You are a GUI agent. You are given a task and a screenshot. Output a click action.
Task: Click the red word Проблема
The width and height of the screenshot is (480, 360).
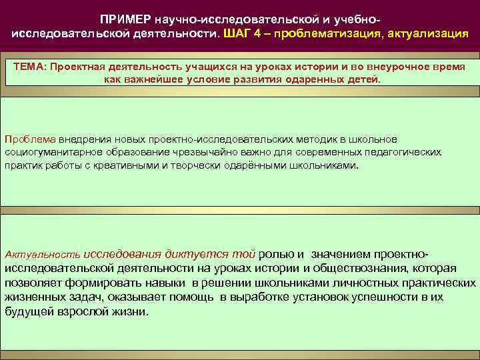(x=30, y=139)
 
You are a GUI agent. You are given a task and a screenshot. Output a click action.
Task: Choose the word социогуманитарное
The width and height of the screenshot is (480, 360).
(x=52, y=151)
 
